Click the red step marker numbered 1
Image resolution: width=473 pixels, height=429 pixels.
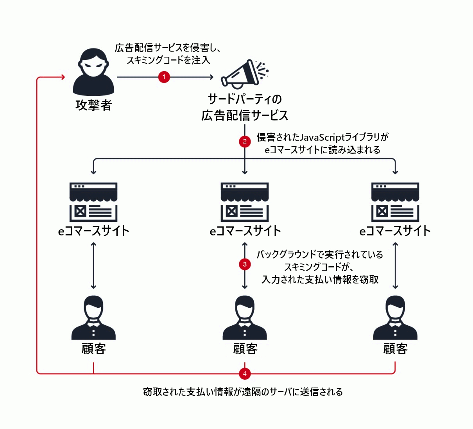click(164, 77)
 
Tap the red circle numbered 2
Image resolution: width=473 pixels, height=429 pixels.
click(245, 142)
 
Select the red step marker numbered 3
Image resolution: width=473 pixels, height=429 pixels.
click(245, 264)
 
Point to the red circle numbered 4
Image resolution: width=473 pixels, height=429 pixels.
click(245, 373)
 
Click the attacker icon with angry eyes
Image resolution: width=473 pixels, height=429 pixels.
click(93, 72)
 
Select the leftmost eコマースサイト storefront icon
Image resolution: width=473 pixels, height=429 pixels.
click(93, 202)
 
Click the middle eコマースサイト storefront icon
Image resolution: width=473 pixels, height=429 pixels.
click(245, 202)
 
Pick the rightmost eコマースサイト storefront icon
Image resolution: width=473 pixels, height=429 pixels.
click(395, 202)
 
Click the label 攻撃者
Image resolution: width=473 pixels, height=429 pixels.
click(93, 105)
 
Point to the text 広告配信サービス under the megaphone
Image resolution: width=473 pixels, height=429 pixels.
click(245, 115)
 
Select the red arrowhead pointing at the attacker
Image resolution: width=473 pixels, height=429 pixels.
click(62, 77)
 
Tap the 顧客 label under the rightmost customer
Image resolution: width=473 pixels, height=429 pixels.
click(395, 348)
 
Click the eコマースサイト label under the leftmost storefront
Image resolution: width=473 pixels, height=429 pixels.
click(93, 231)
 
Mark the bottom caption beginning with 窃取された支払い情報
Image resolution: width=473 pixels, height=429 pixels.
click(243, 391)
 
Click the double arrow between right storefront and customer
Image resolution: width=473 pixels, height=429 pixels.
click(395, 266)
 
